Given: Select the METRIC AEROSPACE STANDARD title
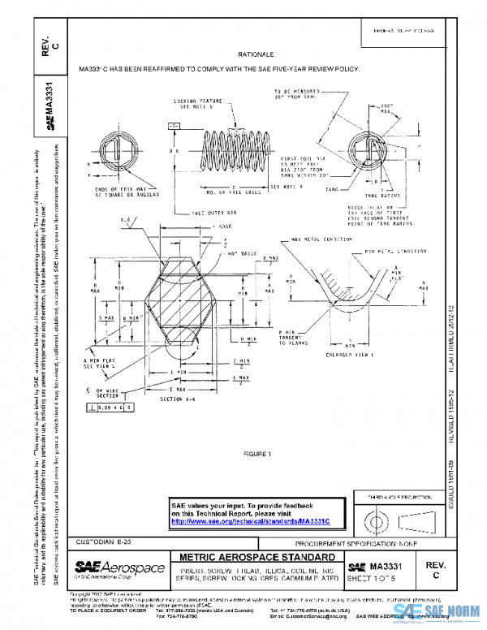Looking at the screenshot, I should point(254,558).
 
